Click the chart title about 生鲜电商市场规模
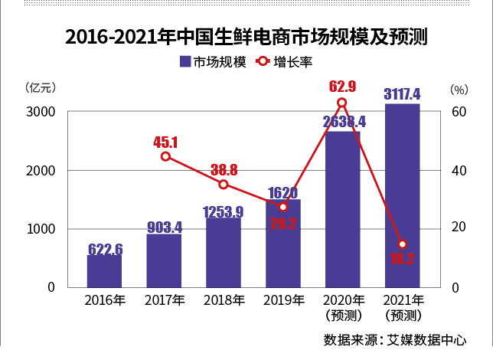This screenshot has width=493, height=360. [x=246, y=36]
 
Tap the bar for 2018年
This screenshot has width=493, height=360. [x=224, y=253]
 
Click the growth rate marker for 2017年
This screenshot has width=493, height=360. [x=165, y=156]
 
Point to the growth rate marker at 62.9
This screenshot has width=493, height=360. [x=342, y=103]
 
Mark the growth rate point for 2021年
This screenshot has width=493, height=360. [x=402, y=244]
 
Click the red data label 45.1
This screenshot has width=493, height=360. [x=165, y=142]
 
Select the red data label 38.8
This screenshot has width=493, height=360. [x=224, y=170]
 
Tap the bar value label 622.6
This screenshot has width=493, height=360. [x=106, y=249]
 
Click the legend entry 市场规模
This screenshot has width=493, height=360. [x=214, y=62]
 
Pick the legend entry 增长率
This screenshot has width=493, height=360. [x=287, y=62]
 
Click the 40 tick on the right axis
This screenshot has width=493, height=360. [x=458, y=170]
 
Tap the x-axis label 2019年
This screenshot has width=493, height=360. [x=283, y=299]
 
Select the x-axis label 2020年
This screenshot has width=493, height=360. [x=342, y=299]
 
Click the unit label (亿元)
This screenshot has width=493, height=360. [x=40, y=88]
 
